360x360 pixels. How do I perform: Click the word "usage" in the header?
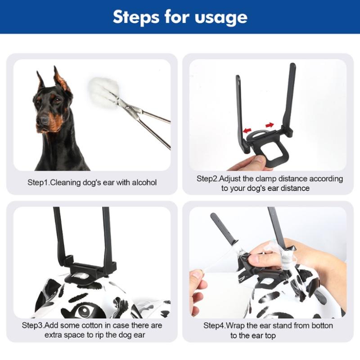(221, 18)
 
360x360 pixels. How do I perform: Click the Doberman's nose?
(44, 120)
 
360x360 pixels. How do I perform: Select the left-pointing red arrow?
(247, 130)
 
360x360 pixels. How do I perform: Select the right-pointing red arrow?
(270, 125)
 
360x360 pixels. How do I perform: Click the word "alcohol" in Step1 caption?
(144, 183)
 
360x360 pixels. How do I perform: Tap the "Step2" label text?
(207, 179)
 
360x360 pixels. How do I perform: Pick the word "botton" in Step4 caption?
(322, 325)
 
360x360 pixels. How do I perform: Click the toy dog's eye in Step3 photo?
(84, 311)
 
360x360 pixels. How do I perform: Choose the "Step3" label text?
(32, 325)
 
